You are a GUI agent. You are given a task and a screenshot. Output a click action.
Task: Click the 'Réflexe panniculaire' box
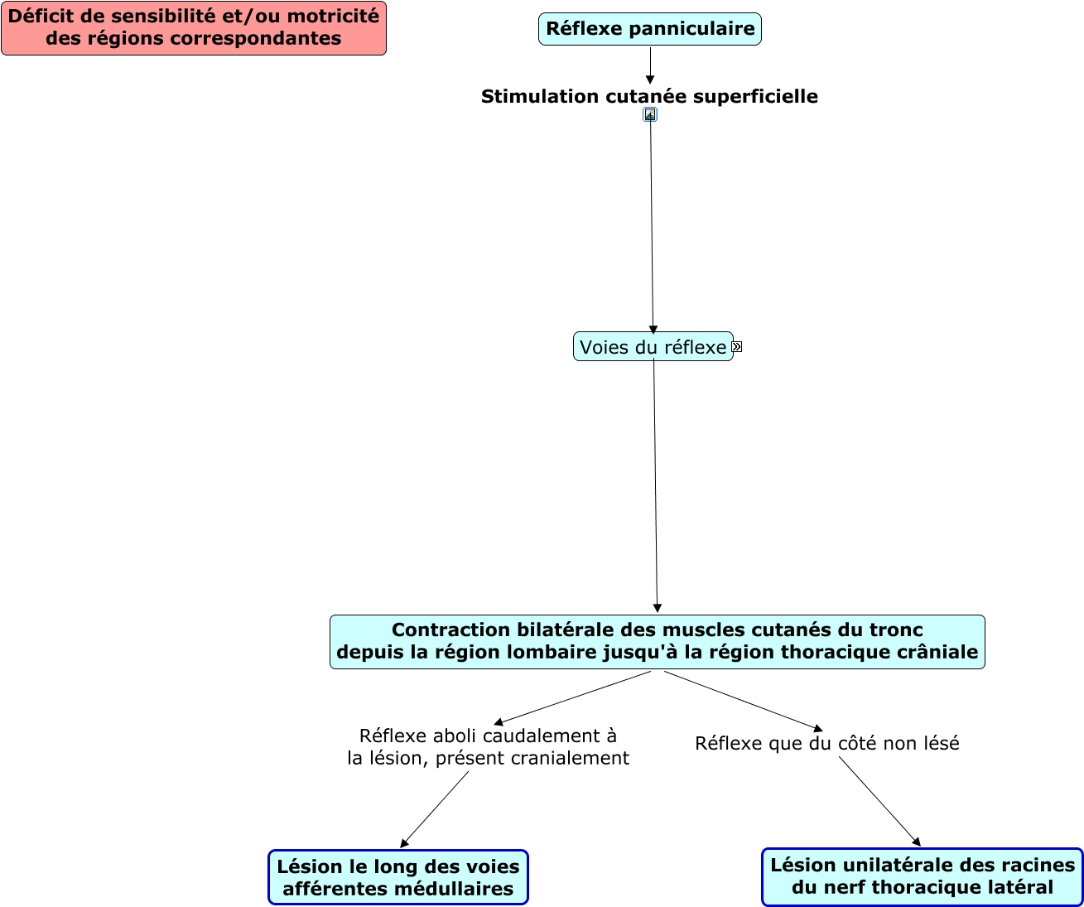(649, 29)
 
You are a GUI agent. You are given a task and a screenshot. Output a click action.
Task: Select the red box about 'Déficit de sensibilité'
(194, 28)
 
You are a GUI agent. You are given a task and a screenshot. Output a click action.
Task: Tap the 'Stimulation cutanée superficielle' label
(649, 97)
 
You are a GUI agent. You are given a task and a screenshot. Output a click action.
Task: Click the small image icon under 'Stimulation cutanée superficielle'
(650, 115)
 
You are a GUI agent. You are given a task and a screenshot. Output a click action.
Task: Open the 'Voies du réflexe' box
(653, 347)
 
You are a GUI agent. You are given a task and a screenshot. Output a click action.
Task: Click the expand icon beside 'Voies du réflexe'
(737, 347)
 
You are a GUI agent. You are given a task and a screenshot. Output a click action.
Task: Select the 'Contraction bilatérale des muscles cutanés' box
(657, 641)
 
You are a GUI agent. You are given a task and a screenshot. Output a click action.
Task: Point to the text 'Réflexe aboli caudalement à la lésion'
(488, 747)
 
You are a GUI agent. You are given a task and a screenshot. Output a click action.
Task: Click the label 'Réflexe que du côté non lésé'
(826, 744)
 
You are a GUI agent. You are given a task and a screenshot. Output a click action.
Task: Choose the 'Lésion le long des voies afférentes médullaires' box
(397, 877)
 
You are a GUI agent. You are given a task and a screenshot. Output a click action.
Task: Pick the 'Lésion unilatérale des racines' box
(922, 876)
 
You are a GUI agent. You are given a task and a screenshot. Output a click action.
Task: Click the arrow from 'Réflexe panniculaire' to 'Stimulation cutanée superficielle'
(650, 65)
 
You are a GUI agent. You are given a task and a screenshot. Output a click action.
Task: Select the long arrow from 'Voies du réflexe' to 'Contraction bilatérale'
(656, 489)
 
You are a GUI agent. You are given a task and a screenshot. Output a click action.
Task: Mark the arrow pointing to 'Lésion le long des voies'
(435, 809)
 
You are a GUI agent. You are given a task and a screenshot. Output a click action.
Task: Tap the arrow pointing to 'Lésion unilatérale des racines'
(879, 800)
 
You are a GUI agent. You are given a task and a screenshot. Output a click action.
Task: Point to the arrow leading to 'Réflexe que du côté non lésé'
(743, 701)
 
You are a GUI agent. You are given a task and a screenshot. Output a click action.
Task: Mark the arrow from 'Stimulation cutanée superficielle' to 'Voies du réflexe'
(652, 224)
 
